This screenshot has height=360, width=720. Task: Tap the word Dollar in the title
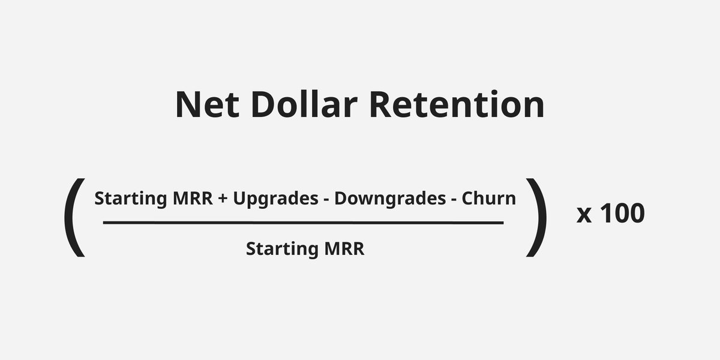304,105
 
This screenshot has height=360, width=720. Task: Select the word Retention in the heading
457,105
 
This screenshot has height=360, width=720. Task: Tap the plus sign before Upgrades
223,199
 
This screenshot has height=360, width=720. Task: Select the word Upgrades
275,199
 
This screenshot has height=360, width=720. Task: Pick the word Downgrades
389,199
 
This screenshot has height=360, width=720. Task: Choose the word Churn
489,199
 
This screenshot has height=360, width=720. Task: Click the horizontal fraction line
303,223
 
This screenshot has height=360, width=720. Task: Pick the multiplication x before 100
584,214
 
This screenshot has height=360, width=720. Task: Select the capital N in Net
188,105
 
